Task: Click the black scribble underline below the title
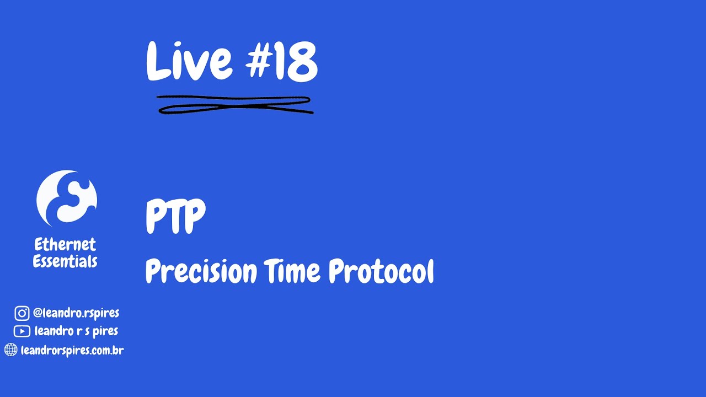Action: (235, 105)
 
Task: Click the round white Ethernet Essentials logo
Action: (67, 198)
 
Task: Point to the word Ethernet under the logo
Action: (65, 244)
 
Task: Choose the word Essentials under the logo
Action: (65, 261)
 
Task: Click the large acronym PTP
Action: (175, 217)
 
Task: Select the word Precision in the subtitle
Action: (201, 271)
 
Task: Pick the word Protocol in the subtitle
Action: (381, 271)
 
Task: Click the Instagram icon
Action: (22, 314)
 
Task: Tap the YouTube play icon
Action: (22, 331)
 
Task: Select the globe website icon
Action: (10, 350)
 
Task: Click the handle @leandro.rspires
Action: (76, 313)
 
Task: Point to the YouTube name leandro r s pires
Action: (76, 331)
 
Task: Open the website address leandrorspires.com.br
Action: (72, 350)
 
